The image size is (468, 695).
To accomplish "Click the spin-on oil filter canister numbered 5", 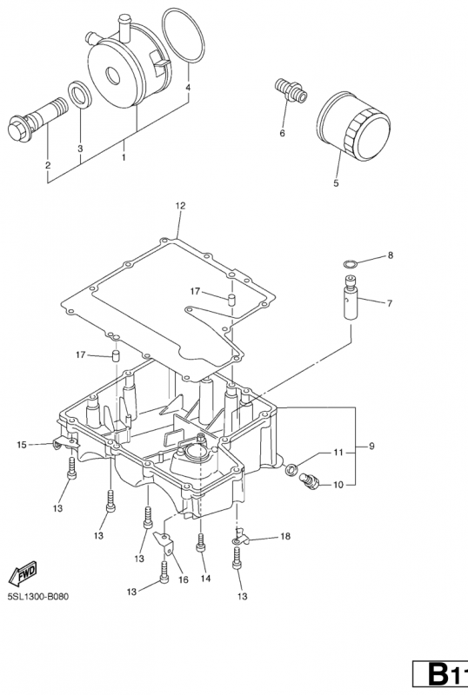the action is click(354, 125).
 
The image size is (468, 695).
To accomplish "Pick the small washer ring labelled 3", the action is click(80, 95).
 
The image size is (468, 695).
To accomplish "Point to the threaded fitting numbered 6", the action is click(290, 89).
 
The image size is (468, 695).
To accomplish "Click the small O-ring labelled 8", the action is click(351, 265).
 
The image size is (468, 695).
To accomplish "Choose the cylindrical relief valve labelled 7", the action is click(351, 296).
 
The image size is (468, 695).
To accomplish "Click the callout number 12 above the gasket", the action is click(180, 206).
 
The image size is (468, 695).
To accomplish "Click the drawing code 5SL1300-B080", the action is click(38, 596).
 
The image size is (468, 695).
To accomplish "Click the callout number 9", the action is click(371, 446).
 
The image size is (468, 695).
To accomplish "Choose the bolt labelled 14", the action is click(202, 542).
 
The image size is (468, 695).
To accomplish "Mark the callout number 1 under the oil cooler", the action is click(124, 157).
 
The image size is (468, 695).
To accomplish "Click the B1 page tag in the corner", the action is click(440, 677).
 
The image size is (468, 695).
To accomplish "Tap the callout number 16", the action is click(183, 579).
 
